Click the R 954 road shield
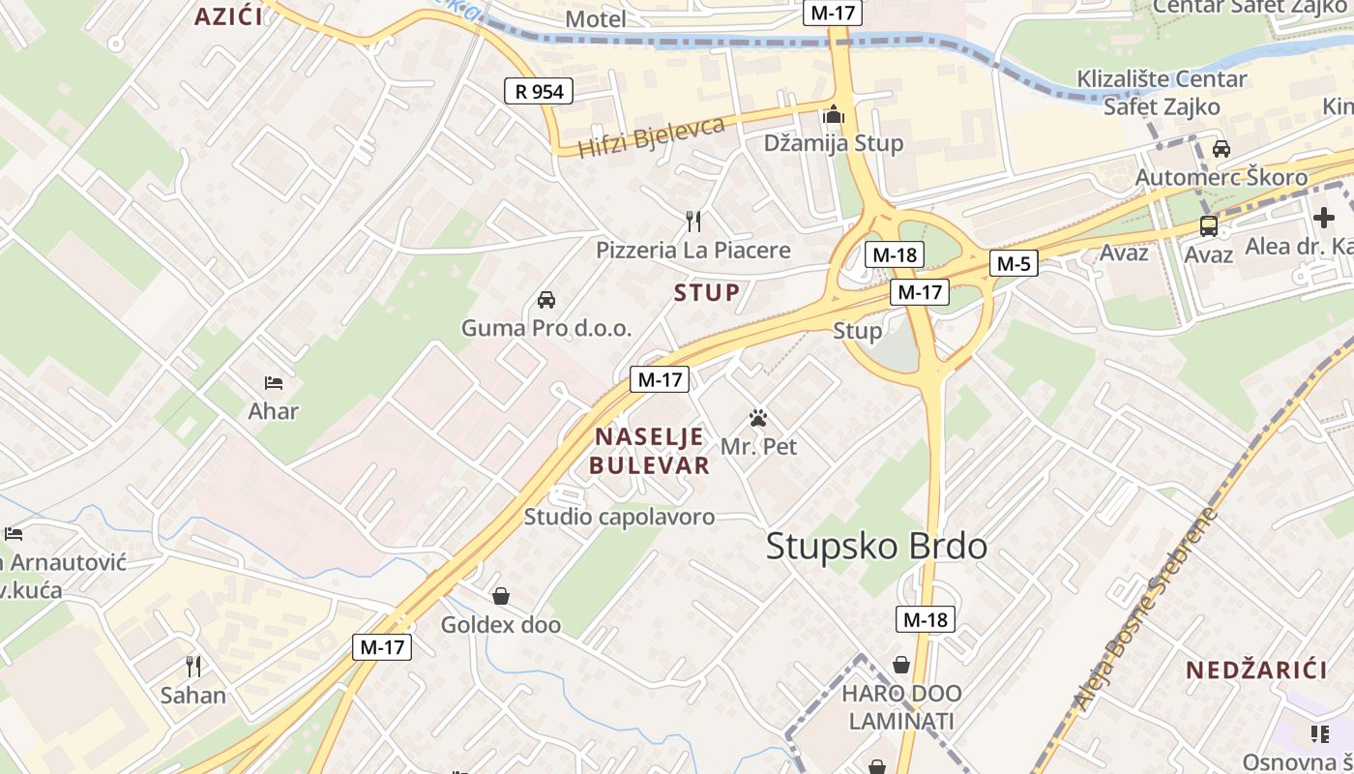pos(539,92)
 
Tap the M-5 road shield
pos(1014,263)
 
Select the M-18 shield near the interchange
pos(895,255)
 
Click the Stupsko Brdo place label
pos(876,547)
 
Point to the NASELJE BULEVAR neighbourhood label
pos(650,451)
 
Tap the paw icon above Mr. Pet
pos(758,419)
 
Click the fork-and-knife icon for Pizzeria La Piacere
pos(692,222)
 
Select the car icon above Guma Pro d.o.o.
pos(546,300)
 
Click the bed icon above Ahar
pos(274,383)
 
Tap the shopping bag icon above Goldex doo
pos(501,596)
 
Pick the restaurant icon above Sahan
pos(193,666)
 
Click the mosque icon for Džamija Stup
pos(833,115)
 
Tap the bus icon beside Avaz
pos(1209,226)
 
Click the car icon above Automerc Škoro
pos(1222,149)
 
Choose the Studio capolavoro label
pos(619,517)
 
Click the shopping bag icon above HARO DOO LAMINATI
pos(901,665)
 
